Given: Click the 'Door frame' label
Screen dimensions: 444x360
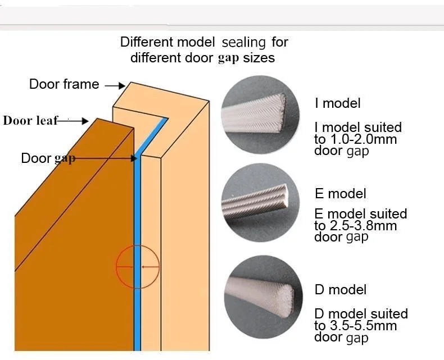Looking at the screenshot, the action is point(64,85).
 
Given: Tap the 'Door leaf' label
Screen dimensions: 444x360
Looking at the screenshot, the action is point(31,120).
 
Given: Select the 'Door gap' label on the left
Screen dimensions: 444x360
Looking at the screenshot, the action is point(48,158).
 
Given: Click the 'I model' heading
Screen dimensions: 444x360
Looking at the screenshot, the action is point(337,103).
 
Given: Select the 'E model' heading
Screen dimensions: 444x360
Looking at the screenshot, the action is point(340,194).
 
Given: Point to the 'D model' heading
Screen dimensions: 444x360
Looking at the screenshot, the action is point(340,290).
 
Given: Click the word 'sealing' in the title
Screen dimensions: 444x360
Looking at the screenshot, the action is point(244,42).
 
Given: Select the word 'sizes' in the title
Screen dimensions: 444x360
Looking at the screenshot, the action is point(259,58).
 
